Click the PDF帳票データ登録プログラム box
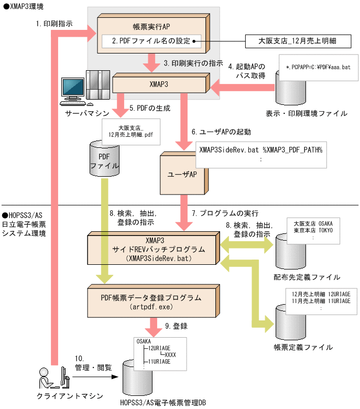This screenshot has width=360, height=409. point(150,302)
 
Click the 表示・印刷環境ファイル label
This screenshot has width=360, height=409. point(307,113)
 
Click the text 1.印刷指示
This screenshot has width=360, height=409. point(54,24)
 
